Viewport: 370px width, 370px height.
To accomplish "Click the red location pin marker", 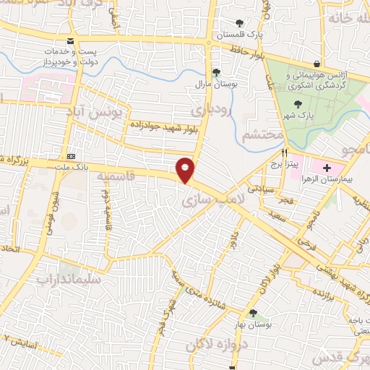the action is pyautogui.click(x=186, y=169).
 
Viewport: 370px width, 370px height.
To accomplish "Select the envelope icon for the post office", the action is pyautogui.click(x=70, y=40).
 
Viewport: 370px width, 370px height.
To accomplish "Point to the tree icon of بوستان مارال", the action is pyautogui.click(x=215, y=72).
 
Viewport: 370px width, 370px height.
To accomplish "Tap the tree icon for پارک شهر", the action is pyautogui.click(x=299, y=106).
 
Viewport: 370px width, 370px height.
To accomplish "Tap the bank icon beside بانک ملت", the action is pyautogui.click(x=71, y=156).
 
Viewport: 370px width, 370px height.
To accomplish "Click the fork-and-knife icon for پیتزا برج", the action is pyautogui.click(x=285, y=153).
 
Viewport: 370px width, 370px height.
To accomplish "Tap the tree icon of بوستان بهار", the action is pyautogui.click(x=253, y=313).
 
